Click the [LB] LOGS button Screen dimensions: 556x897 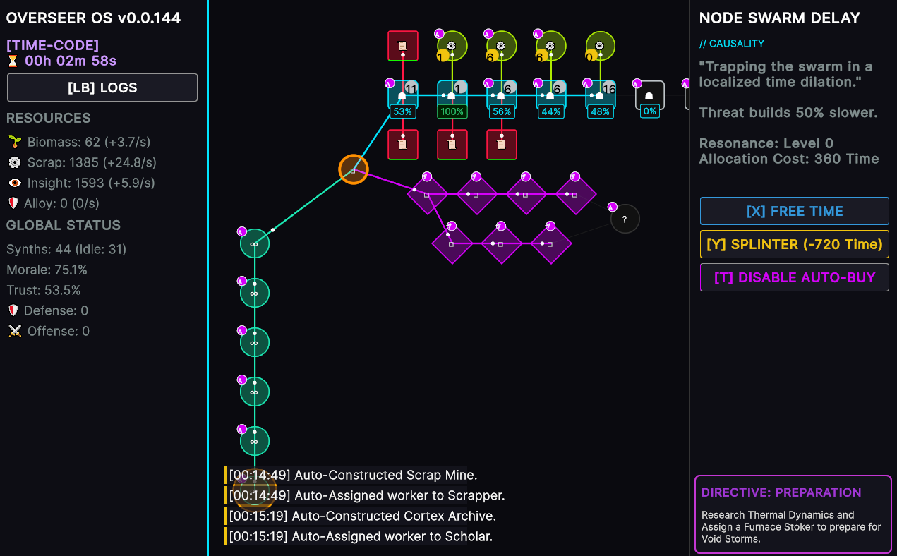102,88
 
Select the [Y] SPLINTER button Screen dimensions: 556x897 794,244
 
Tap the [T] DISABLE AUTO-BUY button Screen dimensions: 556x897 794,277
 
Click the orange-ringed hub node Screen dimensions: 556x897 354,170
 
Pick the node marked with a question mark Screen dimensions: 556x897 625,219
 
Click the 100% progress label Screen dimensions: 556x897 452,111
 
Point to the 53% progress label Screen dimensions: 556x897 402,111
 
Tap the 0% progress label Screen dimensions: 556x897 650,111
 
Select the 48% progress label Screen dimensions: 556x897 600,111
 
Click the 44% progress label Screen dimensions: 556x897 550,111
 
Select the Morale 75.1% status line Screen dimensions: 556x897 47,270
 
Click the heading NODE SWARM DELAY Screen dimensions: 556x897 779,18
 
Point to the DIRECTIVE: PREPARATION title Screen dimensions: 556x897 781,492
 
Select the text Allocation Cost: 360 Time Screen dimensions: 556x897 789,159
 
